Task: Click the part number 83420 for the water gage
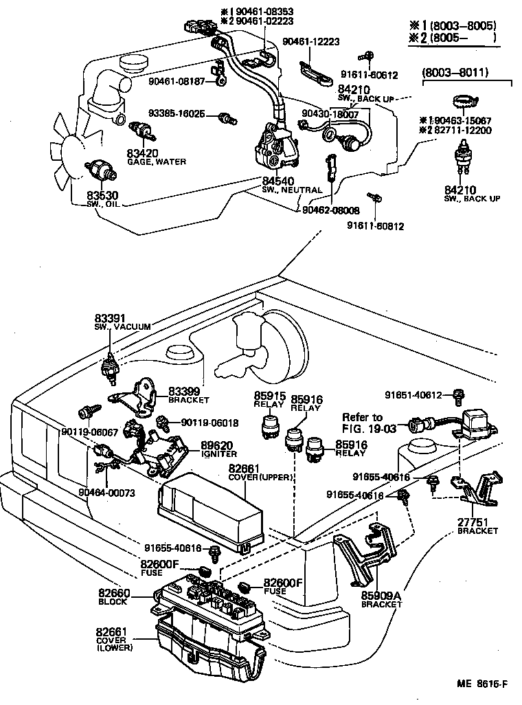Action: tap(142, 153)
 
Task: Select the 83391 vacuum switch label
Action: tap(110, 318)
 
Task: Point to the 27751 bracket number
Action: tap(477, 521)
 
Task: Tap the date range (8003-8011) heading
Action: tap(455, 71)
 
